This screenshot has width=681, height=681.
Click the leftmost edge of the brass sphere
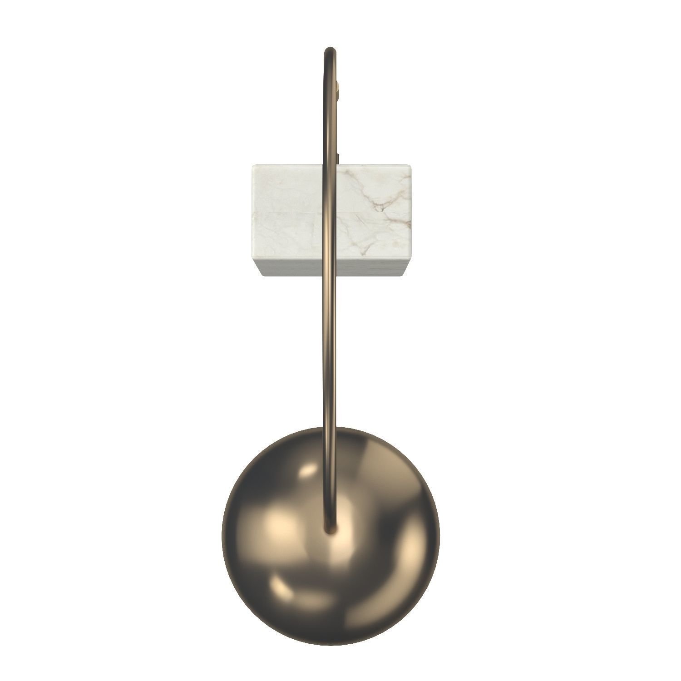222,536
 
